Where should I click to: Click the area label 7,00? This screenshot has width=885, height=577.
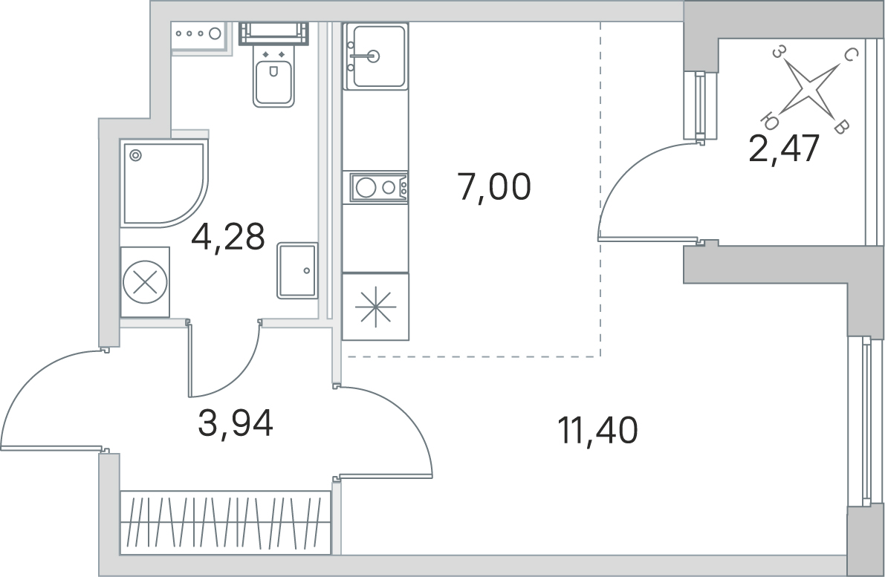pyautogui.click(x=494, y=188)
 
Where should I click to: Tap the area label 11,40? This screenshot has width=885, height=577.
pyautogui.click(x=597, y=431)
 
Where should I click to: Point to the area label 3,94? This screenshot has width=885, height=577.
pyautogui.click(x=236, y=423)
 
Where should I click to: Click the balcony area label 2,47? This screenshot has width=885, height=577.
pyautogui.click(x=784, y=149)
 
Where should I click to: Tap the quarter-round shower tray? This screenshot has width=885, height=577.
pyautogui.click(x=163, y=184)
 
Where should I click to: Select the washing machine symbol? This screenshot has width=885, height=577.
pyautogui.click(x=145, y=281)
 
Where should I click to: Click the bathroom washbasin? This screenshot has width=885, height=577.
pyautogui.click(x=297, y=270)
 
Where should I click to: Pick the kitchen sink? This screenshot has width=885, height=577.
pyautogui.click(x=376, y=56)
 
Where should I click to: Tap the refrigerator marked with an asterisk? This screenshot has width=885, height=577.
pyautogui.click(x=375, y=306)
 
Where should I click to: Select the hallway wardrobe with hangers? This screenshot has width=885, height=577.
pyautogui.click(x=225, y=522)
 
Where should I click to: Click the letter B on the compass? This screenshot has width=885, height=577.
pyautogui.click(x=841, y=128)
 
